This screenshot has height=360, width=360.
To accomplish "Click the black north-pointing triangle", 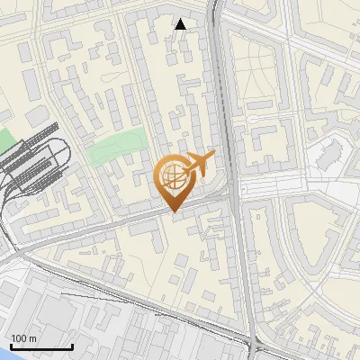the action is [x=181, y=24].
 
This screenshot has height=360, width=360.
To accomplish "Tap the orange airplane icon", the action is [x=197, y=164].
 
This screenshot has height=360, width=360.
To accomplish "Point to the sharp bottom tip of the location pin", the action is [x=173, y=211].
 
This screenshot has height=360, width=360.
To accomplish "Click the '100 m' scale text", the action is [x=23, y=337].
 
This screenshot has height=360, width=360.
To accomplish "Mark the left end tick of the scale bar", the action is [x=11, y=346].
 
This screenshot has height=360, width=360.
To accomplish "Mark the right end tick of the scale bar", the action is [x=72, y=346].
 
